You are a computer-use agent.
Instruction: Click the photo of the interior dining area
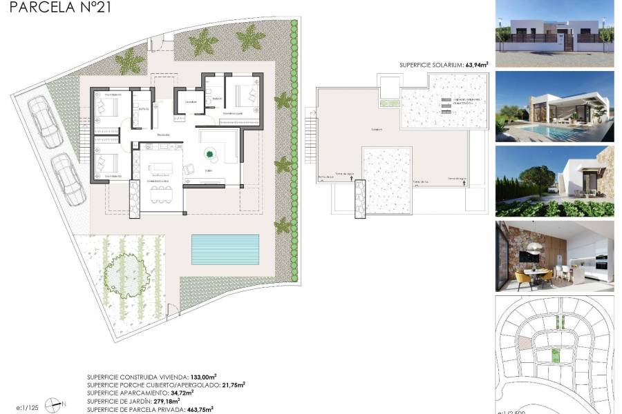click(x=554, y=256)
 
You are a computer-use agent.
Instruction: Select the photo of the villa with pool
click(x=554, y=106)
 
